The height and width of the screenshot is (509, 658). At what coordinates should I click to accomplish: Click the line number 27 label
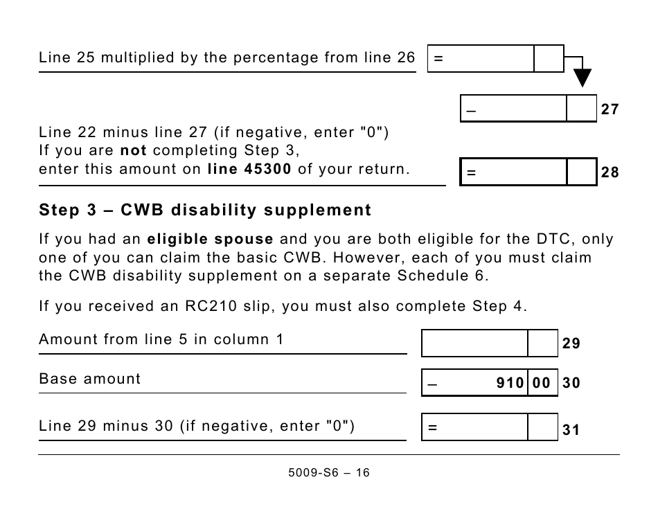click(x=610, y=109)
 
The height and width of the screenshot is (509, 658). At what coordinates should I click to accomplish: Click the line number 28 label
click(x=610, y=173)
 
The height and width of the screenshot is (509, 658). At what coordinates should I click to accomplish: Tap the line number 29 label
click(x=571, y=344)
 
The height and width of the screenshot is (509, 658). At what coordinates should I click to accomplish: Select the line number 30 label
click(x=571, y=383)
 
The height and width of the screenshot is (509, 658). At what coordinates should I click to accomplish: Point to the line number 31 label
click(x=571, y=430)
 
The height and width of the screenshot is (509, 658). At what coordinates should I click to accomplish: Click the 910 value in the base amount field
click(x=510, y=383)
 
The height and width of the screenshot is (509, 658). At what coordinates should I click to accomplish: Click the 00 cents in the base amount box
click(x=542, y=383)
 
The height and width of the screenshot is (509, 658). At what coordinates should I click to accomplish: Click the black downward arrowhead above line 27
click(x=583, y=77)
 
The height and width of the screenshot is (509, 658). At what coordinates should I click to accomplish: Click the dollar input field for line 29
click(x=474, y=343)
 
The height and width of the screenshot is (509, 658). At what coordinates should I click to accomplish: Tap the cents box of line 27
click(x=581, y=109)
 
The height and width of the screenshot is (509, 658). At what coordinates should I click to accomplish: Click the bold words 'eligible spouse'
click(x=211, y=240)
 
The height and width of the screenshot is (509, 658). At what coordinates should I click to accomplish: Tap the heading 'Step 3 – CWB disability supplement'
click(x=205, y=210)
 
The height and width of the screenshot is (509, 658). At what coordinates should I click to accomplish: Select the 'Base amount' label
click(x=89, y=379)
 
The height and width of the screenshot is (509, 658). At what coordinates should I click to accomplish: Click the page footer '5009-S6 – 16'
click(x=328, y=473)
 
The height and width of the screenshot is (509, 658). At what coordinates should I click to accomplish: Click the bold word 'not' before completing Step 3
click(x=134, y=150)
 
